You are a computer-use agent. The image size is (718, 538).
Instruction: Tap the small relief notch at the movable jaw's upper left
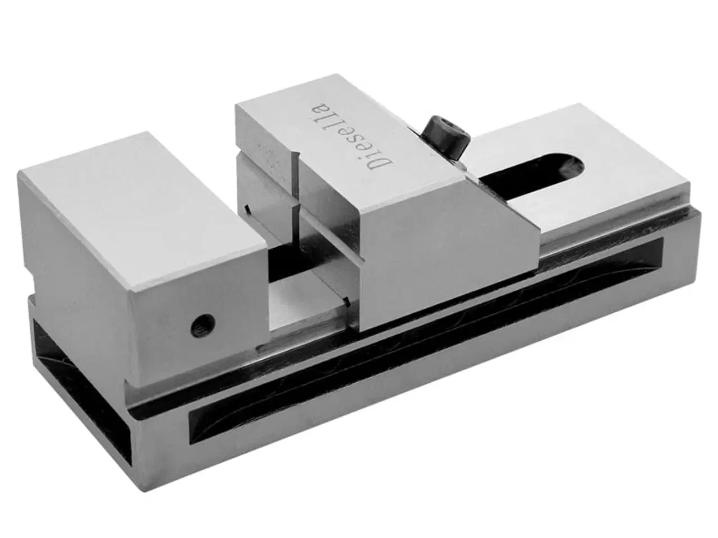point(247,208)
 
